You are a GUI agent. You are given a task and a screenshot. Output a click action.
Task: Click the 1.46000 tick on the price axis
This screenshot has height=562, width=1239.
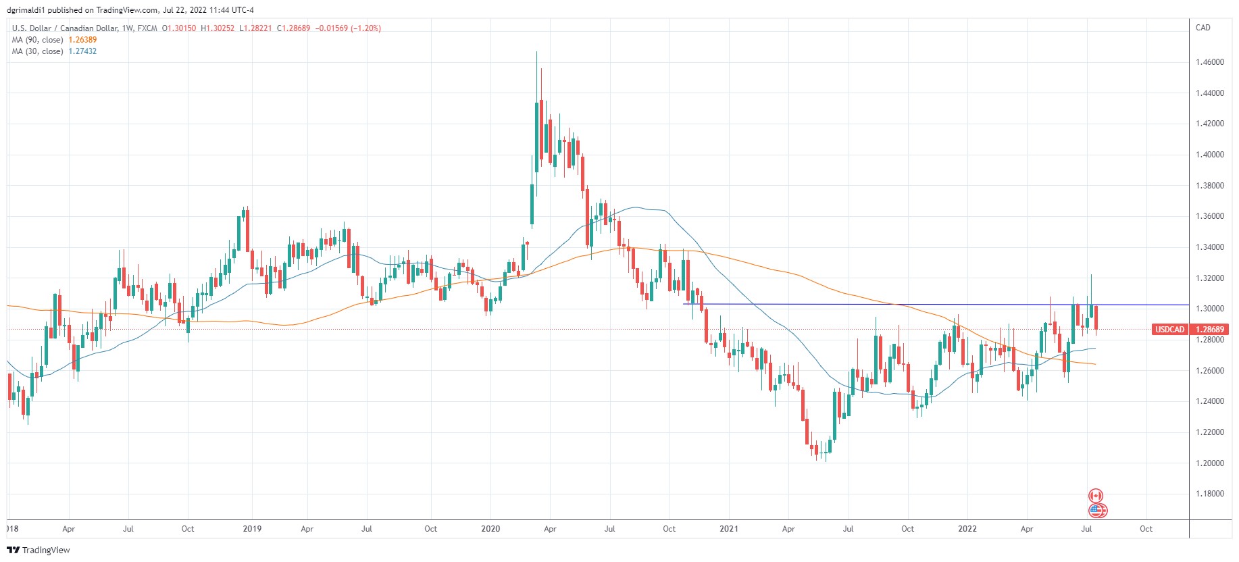point(1209,62)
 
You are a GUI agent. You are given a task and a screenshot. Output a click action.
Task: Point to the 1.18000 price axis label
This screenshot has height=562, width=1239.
point(1209,494)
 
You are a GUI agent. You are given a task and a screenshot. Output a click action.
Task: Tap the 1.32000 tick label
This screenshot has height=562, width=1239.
point(1209,278)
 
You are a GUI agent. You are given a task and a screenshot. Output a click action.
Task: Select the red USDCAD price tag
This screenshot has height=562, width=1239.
point(1169,330)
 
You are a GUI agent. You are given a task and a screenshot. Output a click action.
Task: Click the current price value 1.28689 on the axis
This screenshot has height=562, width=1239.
point(1210,330)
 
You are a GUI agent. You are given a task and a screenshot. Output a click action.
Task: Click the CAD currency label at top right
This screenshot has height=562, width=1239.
point(1203,28)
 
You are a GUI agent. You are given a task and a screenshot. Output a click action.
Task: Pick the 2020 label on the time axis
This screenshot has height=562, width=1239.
point(490,529)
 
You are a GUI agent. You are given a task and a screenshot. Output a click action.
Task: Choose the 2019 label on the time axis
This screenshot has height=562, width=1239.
point(252,529)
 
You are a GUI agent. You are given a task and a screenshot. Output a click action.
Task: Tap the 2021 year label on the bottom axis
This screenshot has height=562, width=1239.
point(729,529)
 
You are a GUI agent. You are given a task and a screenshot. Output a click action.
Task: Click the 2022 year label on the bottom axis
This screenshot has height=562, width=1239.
point(967,529)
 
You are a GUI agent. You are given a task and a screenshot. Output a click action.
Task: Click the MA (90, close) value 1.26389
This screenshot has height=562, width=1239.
point(82,40)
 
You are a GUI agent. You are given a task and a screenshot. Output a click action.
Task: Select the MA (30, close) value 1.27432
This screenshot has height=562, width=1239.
point(82,51)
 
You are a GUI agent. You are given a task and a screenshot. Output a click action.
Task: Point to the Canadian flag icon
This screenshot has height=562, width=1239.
point(1096,496)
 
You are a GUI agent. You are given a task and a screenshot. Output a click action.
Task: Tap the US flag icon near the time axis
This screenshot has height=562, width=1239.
point(1098,511)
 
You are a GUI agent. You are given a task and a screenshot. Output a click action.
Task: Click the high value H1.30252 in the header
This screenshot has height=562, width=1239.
point(218,28)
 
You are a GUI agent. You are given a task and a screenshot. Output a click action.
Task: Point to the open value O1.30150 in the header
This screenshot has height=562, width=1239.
point(179,28)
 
